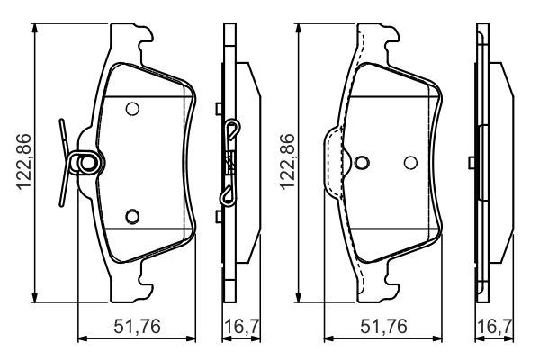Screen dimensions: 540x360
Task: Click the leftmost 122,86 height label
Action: (x=24, y=162)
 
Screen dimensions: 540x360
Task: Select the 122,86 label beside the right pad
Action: (x=288, y=162)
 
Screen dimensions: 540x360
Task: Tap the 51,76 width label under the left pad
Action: (x=137, y=326)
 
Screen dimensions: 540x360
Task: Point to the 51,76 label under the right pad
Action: (x=383, y=326)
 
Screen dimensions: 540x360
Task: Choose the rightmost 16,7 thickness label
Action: (x=495, y=326)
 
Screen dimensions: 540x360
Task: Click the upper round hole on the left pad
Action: (x=132, y=109)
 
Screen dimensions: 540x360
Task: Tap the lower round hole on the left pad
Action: (x=132, y=216)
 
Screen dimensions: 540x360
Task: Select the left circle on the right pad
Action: (x=362, y=163)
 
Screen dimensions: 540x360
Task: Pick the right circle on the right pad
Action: (x=410, y=163)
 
